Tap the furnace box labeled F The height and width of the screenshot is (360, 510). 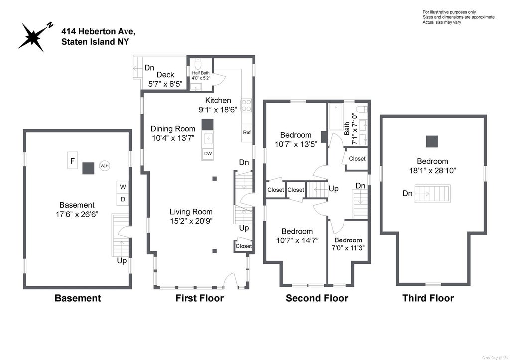point(73,160)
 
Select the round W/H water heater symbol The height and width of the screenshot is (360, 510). point(104,166)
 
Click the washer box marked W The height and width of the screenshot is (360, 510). point(123,187)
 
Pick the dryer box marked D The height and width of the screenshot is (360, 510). point(123,199)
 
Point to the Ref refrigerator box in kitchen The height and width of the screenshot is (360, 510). point(247,132)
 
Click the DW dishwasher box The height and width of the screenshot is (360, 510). point(208,154)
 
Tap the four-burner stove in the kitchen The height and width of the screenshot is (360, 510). point(246,106)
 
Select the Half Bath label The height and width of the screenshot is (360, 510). point(201,73)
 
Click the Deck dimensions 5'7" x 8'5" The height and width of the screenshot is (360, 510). point(165,84)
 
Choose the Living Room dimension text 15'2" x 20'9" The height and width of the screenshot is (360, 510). point(191,221)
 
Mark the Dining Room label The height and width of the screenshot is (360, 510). point(173,129)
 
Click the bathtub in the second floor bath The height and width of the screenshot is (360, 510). point(335,117)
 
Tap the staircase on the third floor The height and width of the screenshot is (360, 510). point(433,194)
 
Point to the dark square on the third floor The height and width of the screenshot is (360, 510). point(432,142)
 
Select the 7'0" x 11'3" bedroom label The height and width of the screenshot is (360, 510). point(348,248)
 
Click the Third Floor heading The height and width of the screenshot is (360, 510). point(428,298)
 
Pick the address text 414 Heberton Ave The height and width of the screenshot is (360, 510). point(99,31)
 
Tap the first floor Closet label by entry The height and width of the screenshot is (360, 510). point(243,246)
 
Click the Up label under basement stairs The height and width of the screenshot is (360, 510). point(122,261)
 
